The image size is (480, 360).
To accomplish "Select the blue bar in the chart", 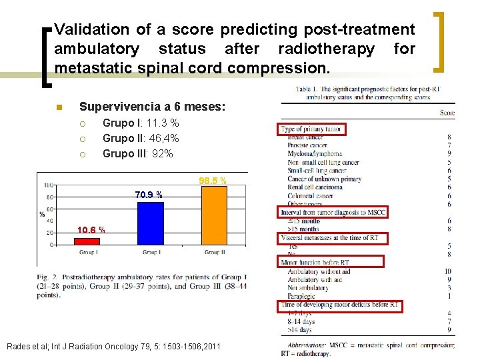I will [x=151, y=224].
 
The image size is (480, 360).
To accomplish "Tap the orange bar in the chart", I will [x=214, y=216].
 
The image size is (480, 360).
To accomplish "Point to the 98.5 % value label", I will [x=213, y=181].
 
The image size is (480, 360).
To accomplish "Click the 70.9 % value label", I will [x=149, y=195].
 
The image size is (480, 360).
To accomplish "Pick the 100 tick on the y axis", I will [x=49, y=185].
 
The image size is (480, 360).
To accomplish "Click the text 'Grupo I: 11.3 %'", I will [x=141, y=123].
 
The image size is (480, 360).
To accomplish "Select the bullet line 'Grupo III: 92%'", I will [x=137, y=153].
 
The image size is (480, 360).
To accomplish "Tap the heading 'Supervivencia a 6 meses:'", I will [x=152, y=107].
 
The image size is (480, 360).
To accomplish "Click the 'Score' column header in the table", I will [x=447, y=113].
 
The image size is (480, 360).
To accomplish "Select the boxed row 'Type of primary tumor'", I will [x=311, y=129].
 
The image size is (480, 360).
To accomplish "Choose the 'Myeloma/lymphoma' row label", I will [x=314, y=153].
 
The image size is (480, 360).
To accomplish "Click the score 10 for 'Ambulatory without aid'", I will [x=447, y=271].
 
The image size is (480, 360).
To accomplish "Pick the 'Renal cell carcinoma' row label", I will [x=315, y=187].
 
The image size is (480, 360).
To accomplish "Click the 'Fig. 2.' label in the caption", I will [x=48, y=277].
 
